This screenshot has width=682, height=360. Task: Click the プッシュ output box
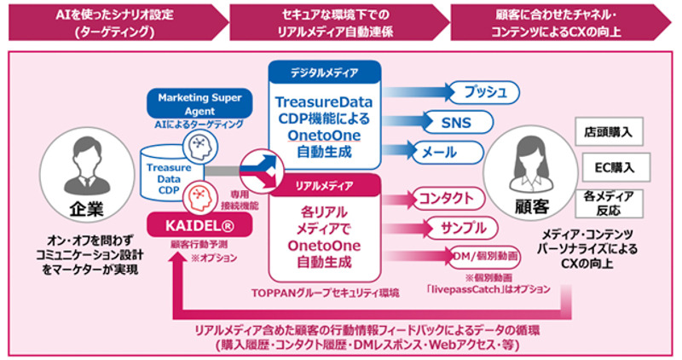click(483, 91)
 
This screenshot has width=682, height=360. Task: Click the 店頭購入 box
click(608, 133)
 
